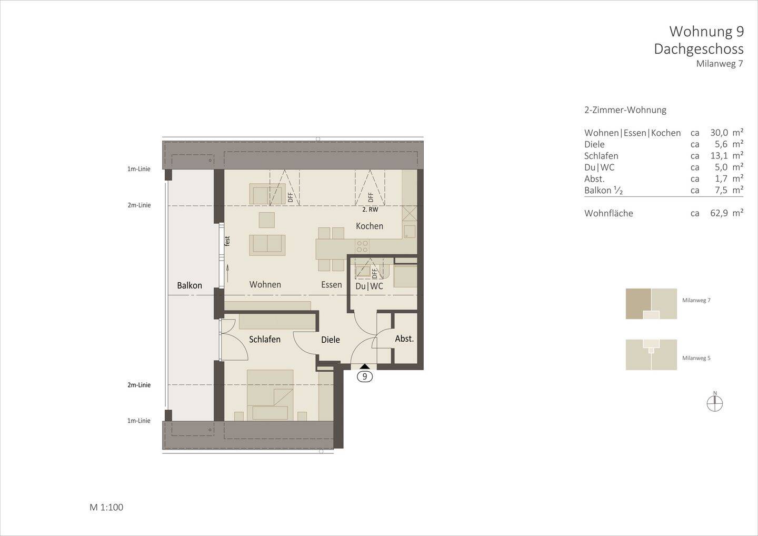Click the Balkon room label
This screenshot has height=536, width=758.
pos(189,285)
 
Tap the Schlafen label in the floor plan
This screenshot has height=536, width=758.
pos(265,340)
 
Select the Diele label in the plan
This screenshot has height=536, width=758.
pos(331,340)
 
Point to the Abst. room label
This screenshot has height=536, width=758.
pos(404,339)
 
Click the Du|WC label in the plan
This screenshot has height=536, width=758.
pos(369,286)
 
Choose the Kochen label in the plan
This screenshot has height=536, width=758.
pos(370,226)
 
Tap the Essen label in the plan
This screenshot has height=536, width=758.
pos(332,285)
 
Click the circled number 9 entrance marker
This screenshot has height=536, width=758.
pos(364,376)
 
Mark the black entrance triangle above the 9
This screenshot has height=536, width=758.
pos(364,367)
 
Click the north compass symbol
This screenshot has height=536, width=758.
pos(715,403)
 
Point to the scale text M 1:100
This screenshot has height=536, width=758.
pos(106,508)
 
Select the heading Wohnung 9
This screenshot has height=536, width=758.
pos(706,32)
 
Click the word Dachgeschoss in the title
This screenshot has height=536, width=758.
pos(699,49)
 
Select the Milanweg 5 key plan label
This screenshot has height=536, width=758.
pos(696,358)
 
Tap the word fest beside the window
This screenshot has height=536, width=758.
pos(227,241)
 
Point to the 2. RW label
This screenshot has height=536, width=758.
pos(370,209)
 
